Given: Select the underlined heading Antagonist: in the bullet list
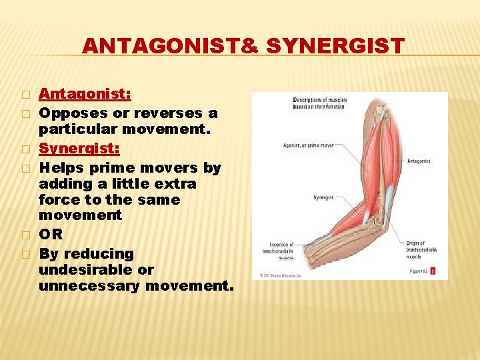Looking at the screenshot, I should pyautogui.click(x=85, y=94).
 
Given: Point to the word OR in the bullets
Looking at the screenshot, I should pyautogui.click(x=51, y=235).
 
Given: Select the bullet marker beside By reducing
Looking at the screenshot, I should pyautogui.click(x=25, y=254).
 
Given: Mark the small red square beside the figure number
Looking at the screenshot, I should pyautogui.click(x=433, y=271).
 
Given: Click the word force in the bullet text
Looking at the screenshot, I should pyautogui.click(x=59, y=199).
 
